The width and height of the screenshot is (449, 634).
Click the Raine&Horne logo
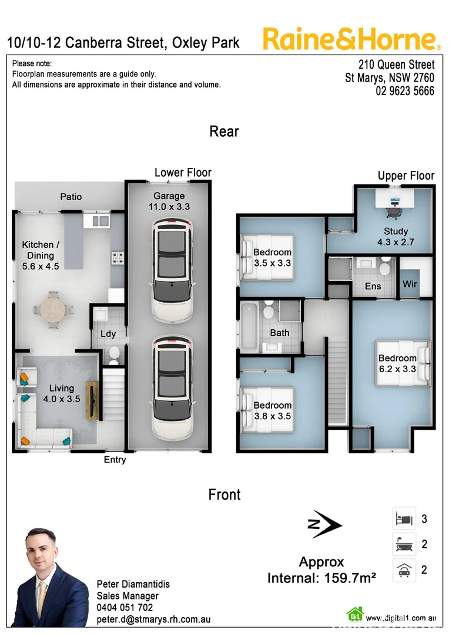pyautogui.click(x=351, y=39)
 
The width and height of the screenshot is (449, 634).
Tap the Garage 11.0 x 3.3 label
pyautogui.click(x=169, y=201)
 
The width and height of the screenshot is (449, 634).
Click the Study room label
pyautogui.click(x=396, y=236)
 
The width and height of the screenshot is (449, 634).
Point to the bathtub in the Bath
pyautogui.click(x=249, y=326)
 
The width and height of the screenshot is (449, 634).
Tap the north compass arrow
pyautogui.click(x=325, y=524)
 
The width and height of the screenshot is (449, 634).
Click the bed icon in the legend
pyautogui.click(x=404, y=519)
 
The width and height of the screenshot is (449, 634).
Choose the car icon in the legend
pyautogui.click(x=404, y=570)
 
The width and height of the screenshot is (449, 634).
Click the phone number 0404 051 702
pyautogui.click(x=125, y=608)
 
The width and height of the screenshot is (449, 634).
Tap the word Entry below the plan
pyautogui.click(x=115, y=460)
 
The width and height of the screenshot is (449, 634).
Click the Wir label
pyautogui.click(x=410, y=285)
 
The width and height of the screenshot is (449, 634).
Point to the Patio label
pyautogui.click(x=71, y=197)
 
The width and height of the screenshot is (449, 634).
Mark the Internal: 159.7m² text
pyautogui.click(x=321, y=578)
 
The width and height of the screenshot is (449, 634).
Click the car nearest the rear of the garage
pyautogui.click(x=172, y=269)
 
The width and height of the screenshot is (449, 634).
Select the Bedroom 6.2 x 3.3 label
pyautogui.click(x=397, y=363)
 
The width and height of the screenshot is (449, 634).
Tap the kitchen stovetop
pyautogui.click(x=117, y=257)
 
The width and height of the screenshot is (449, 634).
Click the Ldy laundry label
pyautogui.click(x=108, y=334)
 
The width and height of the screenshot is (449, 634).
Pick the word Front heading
pyautogui.click(x=224, y=494)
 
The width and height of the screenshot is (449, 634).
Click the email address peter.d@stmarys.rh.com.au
pyautogui.click(x=153, y=619)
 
